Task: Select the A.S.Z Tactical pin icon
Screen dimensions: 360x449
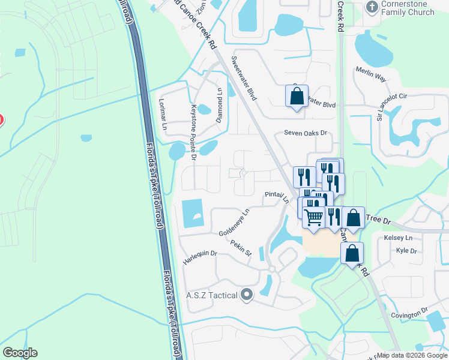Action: tap(247, 295)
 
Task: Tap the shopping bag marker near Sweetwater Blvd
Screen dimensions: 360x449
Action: tap(297, 96)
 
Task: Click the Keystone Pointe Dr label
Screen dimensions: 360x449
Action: tap(193, 133)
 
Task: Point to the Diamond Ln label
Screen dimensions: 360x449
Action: tap(219, 103)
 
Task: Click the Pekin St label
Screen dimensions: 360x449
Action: tap(240, 248)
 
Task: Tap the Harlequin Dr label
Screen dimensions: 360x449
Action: tap(200, 253)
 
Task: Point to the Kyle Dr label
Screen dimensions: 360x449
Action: tap(406, 250)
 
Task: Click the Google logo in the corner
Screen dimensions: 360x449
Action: tap(20, 353)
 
